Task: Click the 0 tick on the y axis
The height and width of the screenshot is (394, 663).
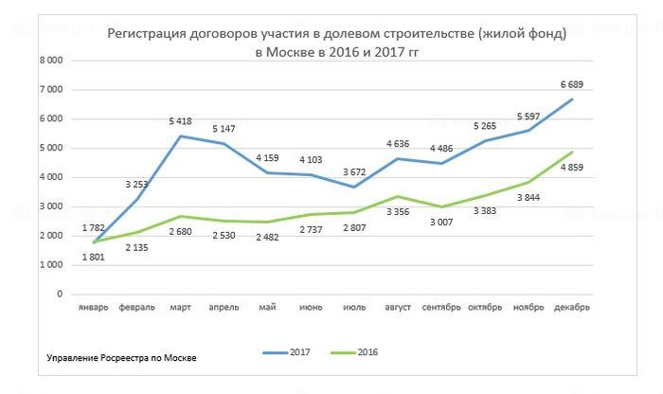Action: (59, 294)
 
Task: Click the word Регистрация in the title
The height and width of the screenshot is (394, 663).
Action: (147, 34)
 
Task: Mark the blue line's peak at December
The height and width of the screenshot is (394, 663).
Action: (571, 99)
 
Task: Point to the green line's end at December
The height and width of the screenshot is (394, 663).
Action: (571, 152)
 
